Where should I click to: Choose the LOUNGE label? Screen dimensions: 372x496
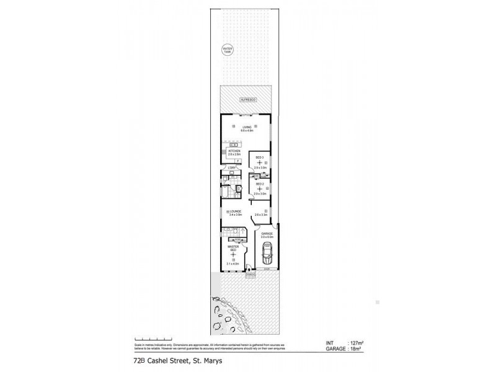236,211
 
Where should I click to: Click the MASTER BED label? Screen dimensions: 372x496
234,249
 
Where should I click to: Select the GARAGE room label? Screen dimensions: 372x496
267,234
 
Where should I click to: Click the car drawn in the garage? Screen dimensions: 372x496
267,253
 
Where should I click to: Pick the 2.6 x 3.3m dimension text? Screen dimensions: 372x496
260,214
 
